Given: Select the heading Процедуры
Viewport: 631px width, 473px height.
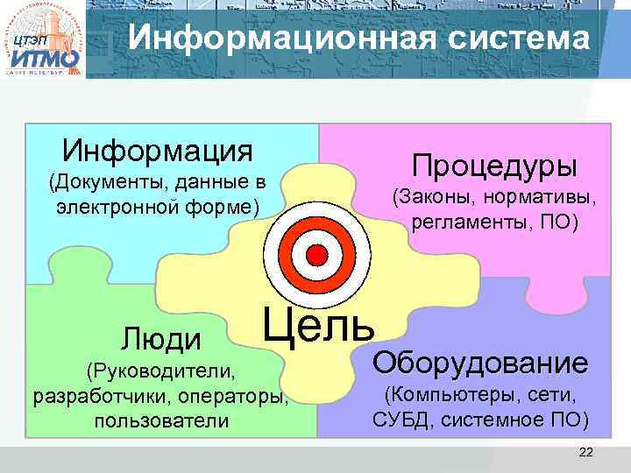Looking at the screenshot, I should (496, 165).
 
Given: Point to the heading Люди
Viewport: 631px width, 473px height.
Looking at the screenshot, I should (161, 338).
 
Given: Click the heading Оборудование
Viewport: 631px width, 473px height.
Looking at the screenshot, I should (480, 363).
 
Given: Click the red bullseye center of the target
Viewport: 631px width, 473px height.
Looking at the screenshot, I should (318, 255).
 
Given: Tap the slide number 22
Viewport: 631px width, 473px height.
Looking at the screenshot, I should (586, 452).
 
